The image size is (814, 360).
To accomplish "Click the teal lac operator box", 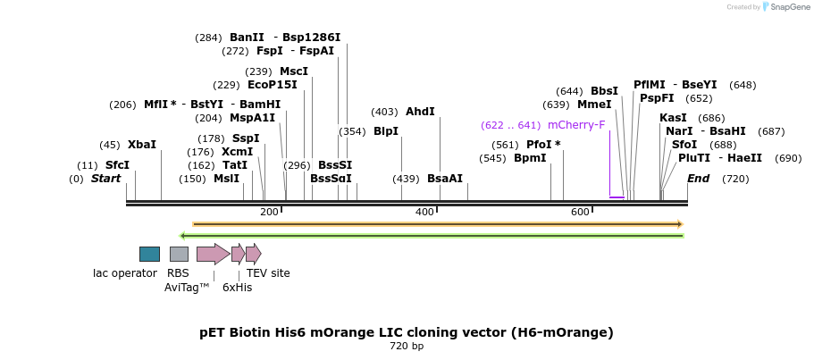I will tap(149, 254).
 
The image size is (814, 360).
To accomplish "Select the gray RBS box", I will tap(179, 254).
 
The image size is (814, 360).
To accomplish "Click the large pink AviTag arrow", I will tap(213, 254).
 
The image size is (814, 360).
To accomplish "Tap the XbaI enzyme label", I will tap(141, 145).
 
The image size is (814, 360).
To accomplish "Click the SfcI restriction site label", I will tap(117, 165).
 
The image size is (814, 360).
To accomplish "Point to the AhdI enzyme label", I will tap(420, 112).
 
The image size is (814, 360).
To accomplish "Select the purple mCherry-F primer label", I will tap(576, 125).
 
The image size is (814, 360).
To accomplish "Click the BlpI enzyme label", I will tap(386, 131).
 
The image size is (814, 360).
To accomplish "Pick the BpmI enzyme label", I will tap(530, 158).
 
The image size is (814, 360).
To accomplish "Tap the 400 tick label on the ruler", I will tap(424, 212).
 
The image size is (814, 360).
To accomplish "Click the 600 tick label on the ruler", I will tap(580, 212).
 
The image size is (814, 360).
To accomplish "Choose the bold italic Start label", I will tap(105, 179).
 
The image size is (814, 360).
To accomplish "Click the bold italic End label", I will tap(698, 179).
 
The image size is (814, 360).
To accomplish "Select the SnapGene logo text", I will tap(784, 6).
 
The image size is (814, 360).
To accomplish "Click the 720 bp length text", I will tap(407, 346).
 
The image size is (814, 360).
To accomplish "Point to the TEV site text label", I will tap(268, 273).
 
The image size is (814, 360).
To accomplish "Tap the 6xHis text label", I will tap(237, 288).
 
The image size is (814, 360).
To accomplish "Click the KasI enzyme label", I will tap(673, 118).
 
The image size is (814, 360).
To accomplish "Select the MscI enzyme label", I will tap(294, 71).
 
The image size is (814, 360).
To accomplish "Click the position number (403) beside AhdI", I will tap(385, 112).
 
